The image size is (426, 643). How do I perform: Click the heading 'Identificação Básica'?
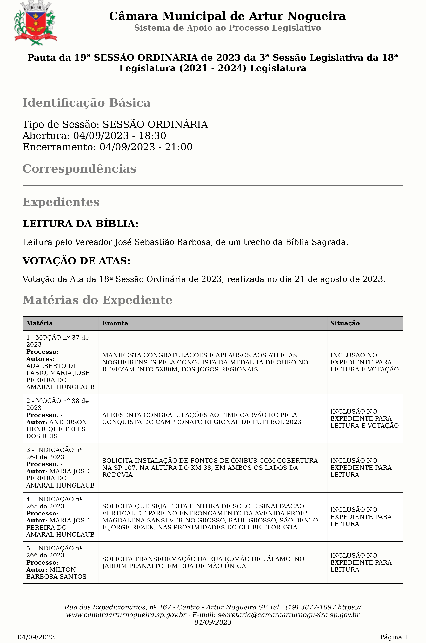(86, 103)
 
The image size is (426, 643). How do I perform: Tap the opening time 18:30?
(152, 135)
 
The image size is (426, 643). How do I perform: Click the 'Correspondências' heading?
(79, 169)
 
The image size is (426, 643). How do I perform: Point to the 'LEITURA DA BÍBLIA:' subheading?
(80, 224)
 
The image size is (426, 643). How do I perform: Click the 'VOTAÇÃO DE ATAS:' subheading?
(76, 261)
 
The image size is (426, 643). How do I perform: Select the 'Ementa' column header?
(115, 323)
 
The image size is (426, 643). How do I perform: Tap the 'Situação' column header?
(345, 323)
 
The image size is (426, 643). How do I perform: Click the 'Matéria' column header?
(39, 323)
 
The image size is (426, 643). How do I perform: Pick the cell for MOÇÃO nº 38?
(60, 418)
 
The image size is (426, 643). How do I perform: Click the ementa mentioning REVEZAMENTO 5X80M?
(205, 362)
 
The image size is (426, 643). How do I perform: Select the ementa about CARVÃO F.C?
(201, 418)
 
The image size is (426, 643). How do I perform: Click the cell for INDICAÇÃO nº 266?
(60, 562)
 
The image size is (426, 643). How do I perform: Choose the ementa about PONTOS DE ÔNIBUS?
(210, 468)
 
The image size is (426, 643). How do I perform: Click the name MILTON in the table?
(63, 569)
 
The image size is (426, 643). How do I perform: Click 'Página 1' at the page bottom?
(393, 637)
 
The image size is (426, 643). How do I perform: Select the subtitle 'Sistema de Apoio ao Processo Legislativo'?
(227, 28)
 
